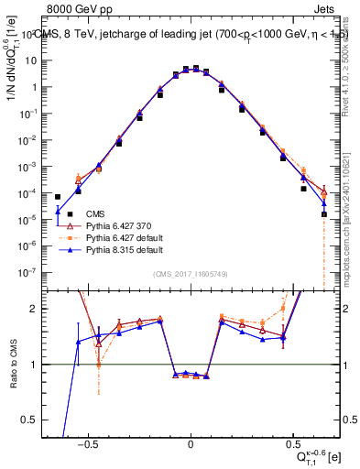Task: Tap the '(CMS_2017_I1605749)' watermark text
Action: coord(191,275)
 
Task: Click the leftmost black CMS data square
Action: coord(58,197)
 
